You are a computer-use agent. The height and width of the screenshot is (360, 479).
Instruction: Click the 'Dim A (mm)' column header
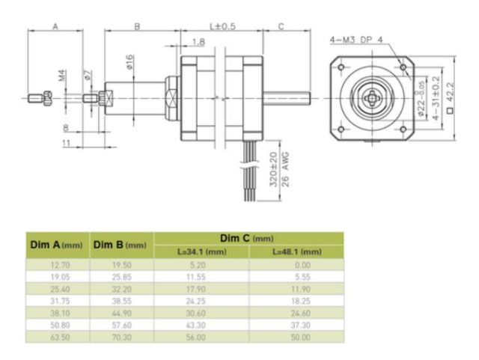click(x=57, y=245)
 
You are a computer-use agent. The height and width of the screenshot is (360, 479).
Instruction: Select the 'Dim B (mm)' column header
click(x=120, y=245)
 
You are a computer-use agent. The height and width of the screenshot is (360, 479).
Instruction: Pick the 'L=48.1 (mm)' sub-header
click(x=296, y=252)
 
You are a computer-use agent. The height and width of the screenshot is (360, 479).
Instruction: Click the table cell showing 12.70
click(x=57, y=264)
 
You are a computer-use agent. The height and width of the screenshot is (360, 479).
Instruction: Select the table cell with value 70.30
click(x=121, y=338)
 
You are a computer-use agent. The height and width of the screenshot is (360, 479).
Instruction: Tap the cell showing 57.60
click(x=121, y=326)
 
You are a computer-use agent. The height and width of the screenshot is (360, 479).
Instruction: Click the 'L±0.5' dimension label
click(x=222, y=26)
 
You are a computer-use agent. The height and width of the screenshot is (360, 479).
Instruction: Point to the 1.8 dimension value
click(x=198, y=41)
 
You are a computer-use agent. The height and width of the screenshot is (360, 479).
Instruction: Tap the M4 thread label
click(x=62, y=76)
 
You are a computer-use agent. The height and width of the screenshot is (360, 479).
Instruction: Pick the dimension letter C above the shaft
click(x=281, y=26)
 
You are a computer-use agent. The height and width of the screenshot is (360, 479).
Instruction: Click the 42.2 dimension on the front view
click(x=450, y=93)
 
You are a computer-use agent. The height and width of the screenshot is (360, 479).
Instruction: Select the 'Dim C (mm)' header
click(x=248, y=238)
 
